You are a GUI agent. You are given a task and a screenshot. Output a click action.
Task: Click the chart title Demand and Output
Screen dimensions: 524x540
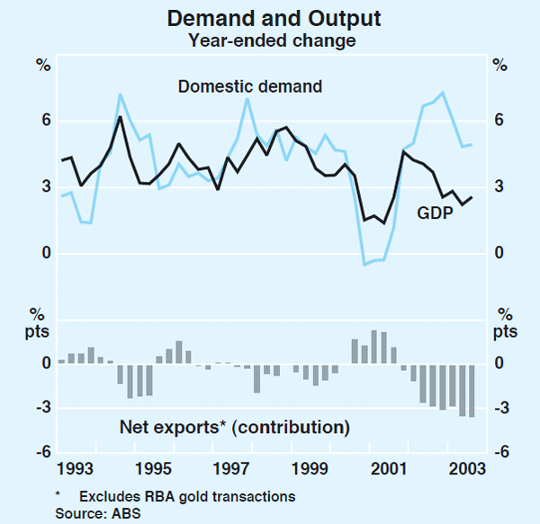click(x=271, y=18)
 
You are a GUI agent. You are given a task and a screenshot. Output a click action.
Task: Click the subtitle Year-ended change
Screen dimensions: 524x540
click(x=271, y=40)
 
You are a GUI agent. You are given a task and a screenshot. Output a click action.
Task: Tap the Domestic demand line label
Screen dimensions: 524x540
click(x=250, y=87)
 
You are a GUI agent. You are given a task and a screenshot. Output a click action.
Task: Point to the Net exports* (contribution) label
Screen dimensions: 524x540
click(x=234, y=426)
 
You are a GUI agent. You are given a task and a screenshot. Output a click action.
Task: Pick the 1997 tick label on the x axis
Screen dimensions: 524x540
click(x=232, y=469)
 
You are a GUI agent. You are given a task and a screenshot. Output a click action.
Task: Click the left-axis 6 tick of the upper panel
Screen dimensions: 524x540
click(x=45, y=121)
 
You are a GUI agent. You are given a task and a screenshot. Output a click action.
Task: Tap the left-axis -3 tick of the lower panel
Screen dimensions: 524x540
click(x=41, y=409)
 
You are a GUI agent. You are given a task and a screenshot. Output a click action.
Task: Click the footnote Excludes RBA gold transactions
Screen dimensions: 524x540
click(x=186, y=496)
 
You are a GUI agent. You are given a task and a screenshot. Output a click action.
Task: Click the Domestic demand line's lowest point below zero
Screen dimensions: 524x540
click(x=364, y=265)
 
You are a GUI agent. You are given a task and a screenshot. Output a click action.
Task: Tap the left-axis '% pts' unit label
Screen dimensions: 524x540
click(x=40, y=323)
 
